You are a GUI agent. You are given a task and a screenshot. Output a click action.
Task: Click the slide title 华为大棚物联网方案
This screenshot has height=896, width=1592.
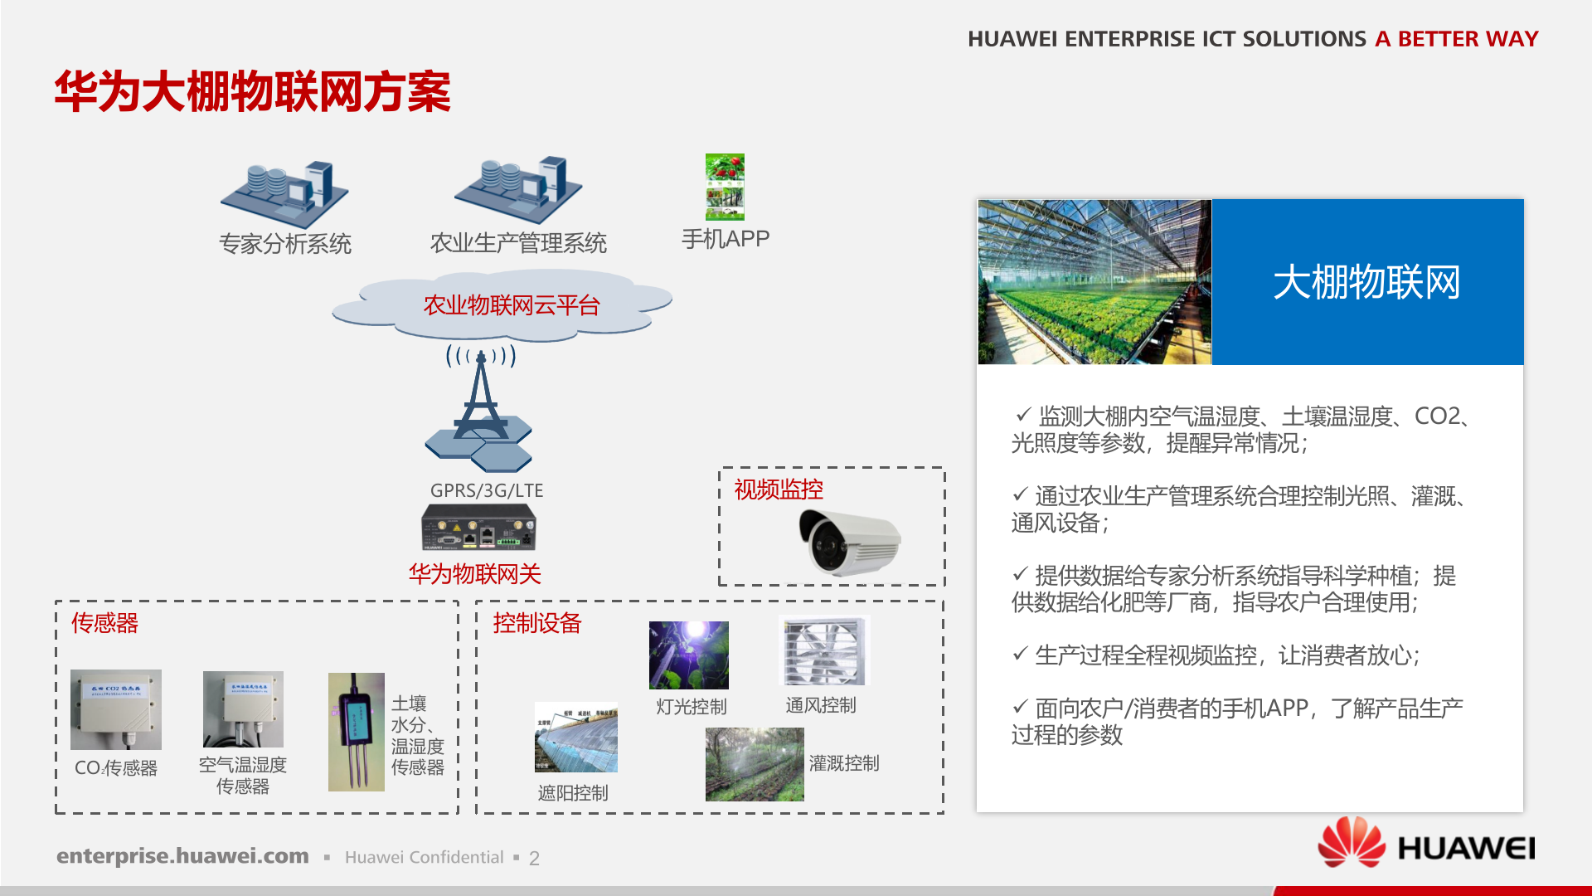click(x=252, y=91)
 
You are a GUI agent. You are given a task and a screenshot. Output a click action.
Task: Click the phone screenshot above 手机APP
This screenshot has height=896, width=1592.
click(x=725, y=187)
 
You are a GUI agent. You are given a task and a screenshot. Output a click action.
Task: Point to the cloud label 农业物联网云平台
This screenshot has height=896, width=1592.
click(x=511, y=305)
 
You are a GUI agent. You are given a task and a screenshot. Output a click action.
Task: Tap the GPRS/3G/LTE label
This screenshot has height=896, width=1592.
click(x=487, y=490)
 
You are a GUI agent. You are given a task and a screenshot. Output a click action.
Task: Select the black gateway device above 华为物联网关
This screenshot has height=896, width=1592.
click(x=478, y=528)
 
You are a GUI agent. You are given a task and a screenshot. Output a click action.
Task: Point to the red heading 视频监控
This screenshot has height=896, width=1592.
click(x=779, y=489)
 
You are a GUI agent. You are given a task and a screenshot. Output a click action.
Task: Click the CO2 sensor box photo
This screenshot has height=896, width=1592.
click(x=116, y=710)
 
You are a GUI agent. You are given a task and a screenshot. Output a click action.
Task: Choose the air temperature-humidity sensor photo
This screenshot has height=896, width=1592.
click(x=243, y=709)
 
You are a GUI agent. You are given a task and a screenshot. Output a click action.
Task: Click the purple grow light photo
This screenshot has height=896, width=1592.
click(x=688, y=655)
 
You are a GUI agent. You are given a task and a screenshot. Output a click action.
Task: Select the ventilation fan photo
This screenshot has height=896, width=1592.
click(x=824, y=651)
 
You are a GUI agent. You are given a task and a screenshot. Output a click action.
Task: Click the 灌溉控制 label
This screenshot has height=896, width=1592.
click(x=844, y=763)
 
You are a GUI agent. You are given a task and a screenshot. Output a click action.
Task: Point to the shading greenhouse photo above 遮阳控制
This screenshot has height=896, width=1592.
click(x=576, y=738)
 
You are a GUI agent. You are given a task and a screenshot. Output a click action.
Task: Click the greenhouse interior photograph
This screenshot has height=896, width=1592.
click(x=1094, y=282)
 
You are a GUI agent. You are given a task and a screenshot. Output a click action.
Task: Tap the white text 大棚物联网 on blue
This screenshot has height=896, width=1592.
click(x=1366, y=282)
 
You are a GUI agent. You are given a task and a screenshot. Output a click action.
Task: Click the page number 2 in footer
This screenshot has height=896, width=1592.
click(x=534, y=858)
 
